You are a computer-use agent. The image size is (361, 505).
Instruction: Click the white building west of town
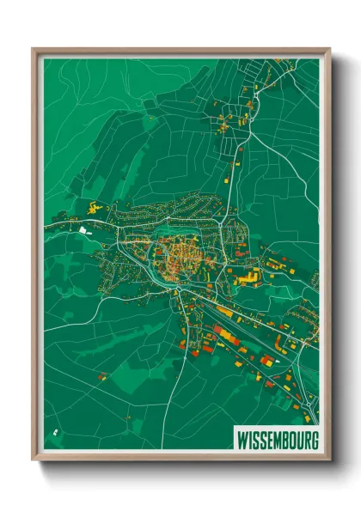(83, 229)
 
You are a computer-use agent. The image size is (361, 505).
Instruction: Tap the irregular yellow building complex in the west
(93, 206)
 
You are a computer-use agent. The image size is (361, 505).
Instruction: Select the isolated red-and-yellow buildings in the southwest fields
(102, 375)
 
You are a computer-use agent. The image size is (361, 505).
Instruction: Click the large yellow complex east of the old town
(249, 277)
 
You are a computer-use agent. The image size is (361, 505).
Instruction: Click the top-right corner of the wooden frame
(328, 50)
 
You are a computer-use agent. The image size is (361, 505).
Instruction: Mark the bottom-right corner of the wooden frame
(328, 460)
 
